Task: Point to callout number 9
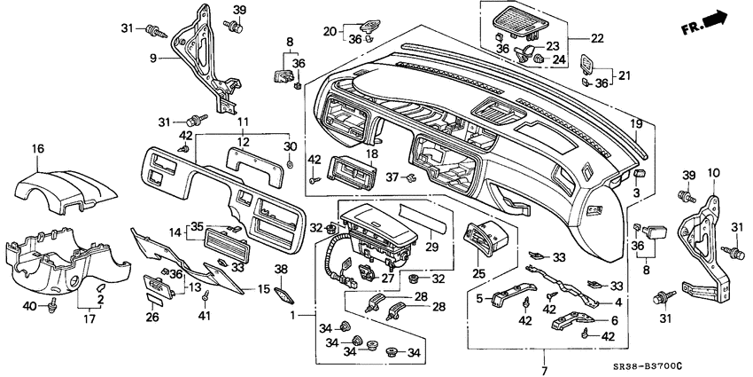[152, 58]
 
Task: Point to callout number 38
[280, 269]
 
